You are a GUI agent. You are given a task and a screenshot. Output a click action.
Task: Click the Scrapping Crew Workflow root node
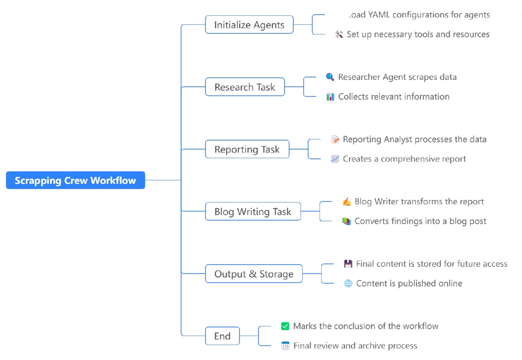pyautogui.click(x=75, y=180)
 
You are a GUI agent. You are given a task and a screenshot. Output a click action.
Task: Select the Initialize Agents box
pyautogui.click(x=249, y=25)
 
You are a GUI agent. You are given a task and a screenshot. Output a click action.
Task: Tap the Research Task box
pyautogui.click(x=245, y=87)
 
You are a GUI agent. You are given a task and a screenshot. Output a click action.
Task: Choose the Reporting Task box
pyautogui.click(x=247, y=149)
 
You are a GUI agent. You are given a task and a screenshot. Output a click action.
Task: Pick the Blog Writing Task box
pyautogui.click(x=253, y=212)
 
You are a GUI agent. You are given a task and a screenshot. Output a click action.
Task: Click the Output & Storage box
pyautogui.click(x=254, y=274)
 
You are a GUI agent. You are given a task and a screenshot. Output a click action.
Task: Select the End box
pyautogui.click(x=222, y=336)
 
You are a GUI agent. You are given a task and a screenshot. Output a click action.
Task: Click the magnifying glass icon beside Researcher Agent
pyautogui.click(x=330, y=77)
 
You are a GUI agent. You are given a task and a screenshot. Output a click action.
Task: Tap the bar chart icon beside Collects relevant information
pyautogui.click(x=330, y=96)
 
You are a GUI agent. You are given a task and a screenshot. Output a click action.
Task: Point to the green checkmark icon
pyautogui.click(x=285, y=326)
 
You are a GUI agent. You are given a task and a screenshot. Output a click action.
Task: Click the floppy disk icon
pyautogui.click(x=348, y=264)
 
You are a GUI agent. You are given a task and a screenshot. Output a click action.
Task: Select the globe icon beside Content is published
pyautogui.click(x=348, y=284)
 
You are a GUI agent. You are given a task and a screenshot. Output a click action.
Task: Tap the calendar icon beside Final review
pyautogui.click(x=285, y=346)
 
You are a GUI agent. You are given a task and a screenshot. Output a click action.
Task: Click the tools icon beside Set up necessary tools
pyautogui.click(x=339, y=34)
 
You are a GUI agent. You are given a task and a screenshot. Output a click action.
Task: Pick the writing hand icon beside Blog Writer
pyautogui.click(x=346, y=201)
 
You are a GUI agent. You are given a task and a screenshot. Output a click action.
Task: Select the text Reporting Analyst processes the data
pyautogui.click(x=415, y=139)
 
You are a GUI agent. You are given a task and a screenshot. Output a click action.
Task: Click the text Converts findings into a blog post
pyautogui.click(x=420, y=221)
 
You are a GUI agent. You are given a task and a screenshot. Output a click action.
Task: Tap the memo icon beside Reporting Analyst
pyautogui.click(x=335, y=139)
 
